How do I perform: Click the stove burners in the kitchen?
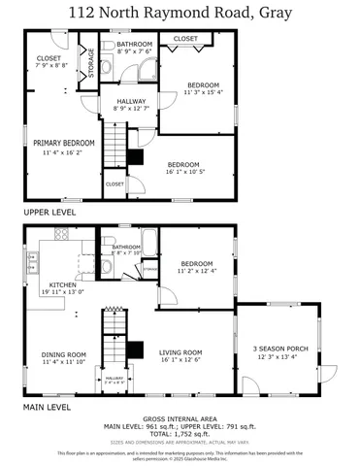point(62,234)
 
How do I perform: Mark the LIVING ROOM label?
point(180,352)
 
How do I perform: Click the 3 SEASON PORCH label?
point(281,348)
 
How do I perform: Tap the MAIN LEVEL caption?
point(47,409)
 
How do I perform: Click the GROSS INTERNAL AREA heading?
point(180,419)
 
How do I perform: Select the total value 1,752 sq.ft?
point(194,434)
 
